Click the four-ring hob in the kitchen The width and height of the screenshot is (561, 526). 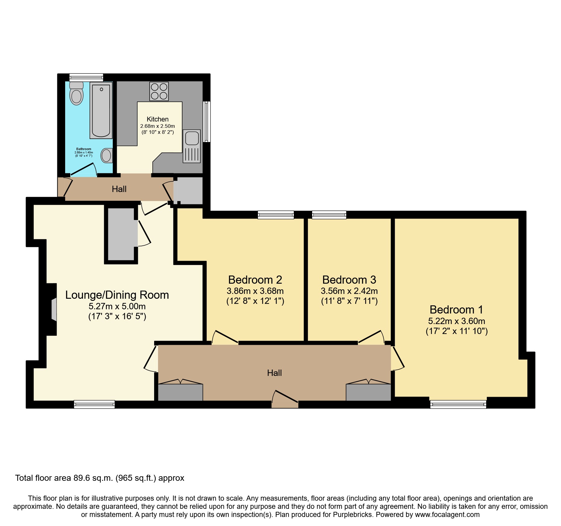pyautogui.click(x=159, y=91)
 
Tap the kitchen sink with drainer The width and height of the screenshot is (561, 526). pyautogui.click(x=192, y=146)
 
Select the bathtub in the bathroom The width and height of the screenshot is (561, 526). pyautogui.click(x=101, y=110)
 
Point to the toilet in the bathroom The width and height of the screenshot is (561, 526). pyautogui.click(x=76, y=93)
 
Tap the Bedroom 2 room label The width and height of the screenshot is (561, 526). pyautogui.click(x=255, y=280)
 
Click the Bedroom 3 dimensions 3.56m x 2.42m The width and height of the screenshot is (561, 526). pyautogui.click(x=349, y=291)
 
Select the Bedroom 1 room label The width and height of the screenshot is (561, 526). pyautogui.click(x=456, y=310)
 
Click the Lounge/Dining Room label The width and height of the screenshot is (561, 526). pyautogui.click(x=117, y=295)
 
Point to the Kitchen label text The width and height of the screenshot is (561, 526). pyautogui.click(x=157, y=119)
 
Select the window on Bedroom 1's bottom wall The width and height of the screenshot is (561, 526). pyautogui.click(x=458, y=404)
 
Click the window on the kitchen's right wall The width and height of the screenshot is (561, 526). pyautogui.click(x=207, y=121)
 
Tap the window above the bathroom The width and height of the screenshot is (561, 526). pyautogui.click(x=86, y=77)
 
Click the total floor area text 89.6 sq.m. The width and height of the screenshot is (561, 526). pyautogui.click(x=100, y=478)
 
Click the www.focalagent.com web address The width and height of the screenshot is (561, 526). pyautogui.click(x=447, y=515)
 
